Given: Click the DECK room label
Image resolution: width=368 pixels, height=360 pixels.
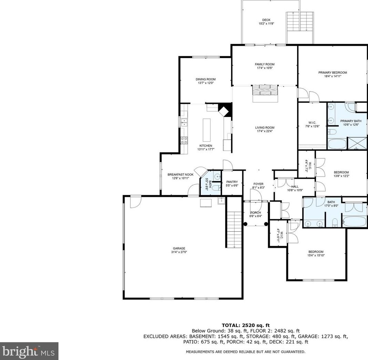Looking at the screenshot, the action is pyautogui.click(x=266, y=20).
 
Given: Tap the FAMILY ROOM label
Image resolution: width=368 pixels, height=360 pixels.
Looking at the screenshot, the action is pyautogui.click(x=265, y=64).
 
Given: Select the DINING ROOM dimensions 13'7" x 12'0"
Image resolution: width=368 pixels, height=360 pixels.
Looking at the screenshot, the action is pyautogui.click(x=206, y=83).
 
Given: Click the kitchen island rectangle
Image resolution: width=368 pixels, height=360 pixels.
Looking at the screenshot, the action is pyautogui.click(x=207, y=130).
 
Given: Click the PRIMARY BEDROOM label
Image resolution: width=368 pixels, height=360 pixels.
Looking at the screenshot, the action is pyautogui.click(x=333, y=73).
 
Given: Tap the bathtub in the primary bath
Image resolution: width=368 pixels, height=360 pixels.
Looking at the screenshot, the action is pyautogui.click(x=337, y=144).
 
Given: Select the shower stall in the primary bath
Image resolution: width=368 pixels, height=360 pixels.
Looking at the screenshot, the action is pyautogui.click(x=357, y=143).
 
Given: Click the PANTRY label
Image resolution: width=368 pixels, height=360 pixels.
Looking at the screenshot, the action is pyautogui.click(x=232, y=182).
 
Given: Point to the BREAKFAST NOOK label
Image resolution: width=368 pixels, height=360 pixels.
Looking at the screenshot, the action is pyautogui.click(x=180, y=174).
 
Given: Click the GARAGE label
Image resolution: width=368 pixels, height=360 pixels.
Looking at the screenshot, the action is pyautogui.click(x=179, y=248).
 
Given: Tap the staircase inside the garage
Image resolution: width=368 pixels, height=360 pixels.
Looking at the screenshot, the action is pyautogui.click(x=234, y=229).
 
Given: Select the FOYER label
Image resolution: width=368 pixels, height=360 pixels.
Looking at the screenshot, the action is pyautogui.click(x=259, y=184).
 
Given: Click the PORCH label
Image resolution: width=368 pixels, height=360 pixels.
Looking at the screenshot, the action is pyautogui.click(x=255, y=213).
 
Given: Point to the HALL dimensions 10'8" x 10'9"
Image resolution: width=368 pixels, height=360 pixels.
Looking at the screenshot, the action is pyautogui.click(x=295, y=190).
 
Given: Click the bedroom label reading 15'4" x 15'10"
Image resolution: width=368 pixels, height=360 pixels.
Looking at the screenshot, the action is pyautogui.click(x=316, y=256).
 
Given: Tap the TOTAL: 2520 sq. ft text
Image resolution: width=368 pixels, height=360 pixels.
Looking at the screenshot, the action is pyautogui.click(x=246, y=325).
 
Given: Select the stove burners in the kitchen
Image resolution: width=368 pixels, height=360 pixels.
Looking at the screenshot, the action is pyautogui.click(x=184, y=140).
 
